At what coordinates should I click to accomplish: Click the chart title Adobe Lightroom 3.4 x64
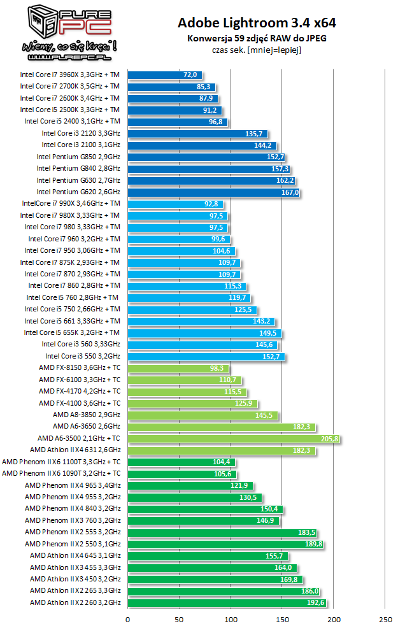[256, 24]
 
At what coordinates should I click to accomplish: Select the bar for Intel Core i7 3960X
[164, 75]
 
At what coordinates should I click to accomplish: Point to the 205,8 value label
[329, 439]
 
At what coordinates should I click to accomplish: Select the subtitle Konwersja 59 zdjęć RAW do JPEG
[256, 39]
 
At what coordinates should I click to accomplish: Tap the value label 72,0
[190, 75]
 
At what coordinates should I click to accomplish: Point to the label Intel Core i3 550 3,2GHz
[82, 357]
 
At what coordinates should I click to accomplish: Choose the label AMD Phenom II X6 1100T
[60, 462]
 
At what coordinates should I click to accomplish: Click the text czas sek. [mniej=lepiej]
[256, 50]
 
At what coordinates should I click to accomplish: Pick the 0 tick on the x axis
[128, 618]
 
